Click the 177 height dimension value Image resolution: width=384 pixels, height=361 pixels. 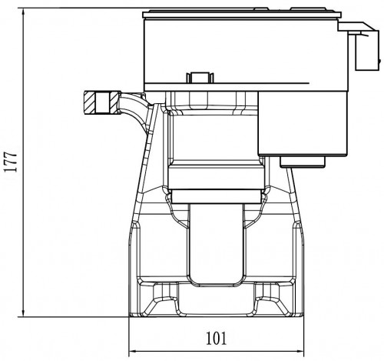(11, 162)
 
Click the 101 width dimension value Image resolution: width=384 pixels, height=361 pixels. (217, 338)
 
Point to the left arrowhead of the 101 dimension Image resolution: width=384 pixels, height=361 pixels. (134, 351)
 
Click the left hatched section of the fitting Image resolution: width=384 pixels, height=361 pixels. (89, 102)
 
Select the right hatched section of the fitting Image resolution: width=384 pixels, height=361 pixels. (114, 102)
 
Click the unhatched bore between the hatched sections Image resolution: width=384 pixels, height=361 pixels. (102, 102)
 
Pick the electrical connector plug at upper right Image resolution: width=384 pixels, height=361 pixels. (363, 46)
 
